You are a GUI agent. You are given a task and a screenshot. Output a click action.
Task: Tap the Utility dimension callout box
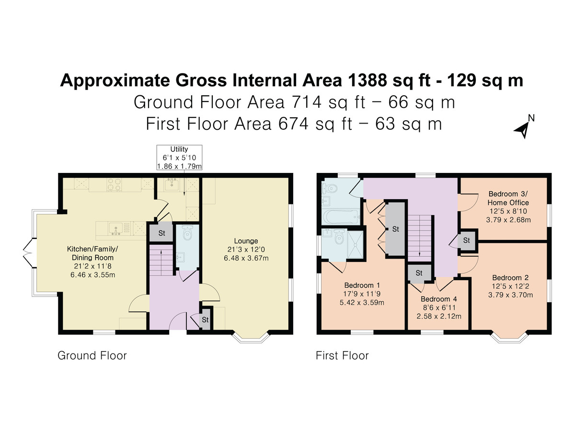(179, 157)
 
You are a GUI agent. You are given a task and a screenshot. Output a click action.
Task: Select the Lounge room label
(246, 250)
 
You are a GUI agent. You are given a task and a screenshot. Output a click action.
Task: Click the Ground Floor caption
(92, 356)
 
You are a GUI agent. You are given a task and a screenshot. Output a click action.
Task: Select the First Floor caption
(342, 356)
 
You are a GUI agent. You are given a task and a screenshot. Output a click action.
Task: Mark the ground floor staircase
(161, 261)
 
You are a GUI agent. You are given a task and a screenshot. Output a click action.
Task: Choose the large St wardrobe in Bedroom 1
(395, 229)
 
